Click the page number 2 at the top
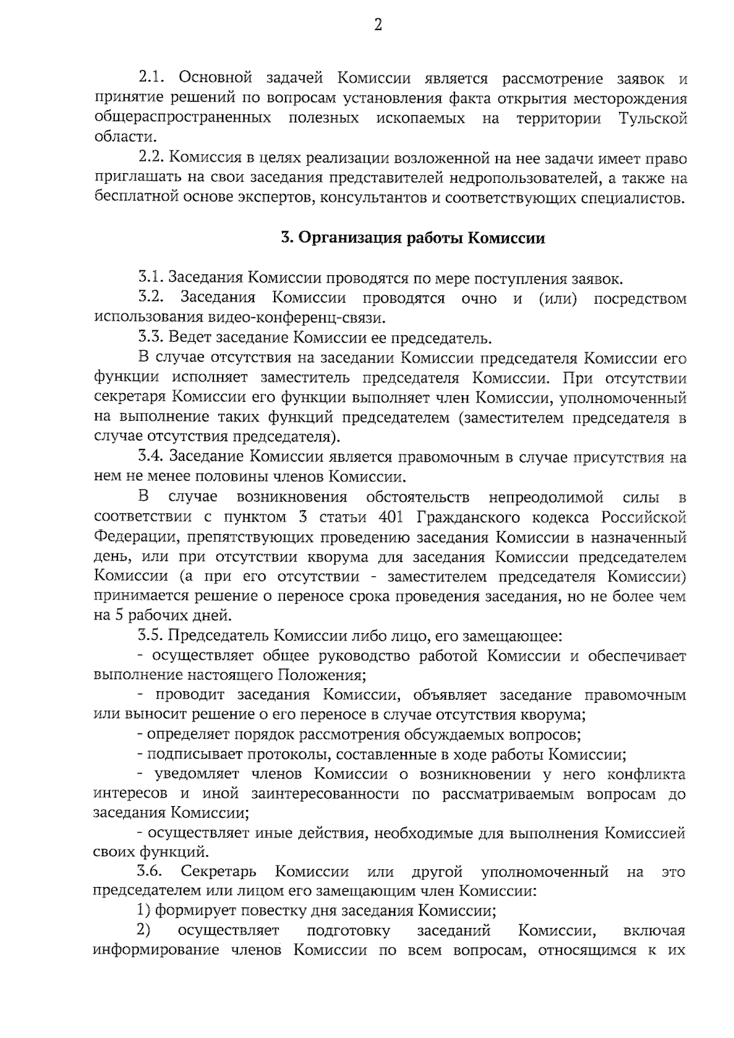378,26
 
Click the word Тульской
653,118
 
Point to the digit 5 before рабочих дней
114,616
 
